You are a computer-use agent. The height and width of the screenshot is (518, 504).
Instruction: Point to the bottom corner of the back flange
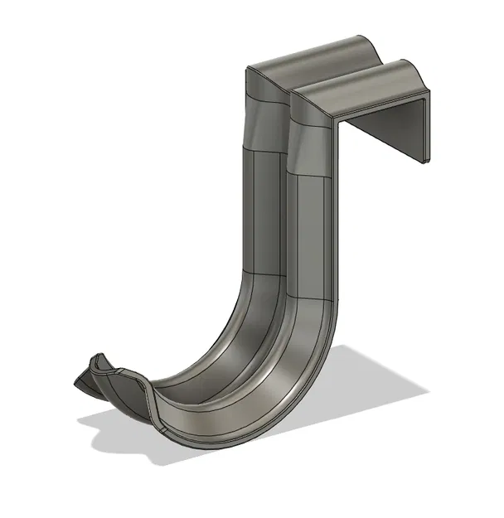tap(424, 160)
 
